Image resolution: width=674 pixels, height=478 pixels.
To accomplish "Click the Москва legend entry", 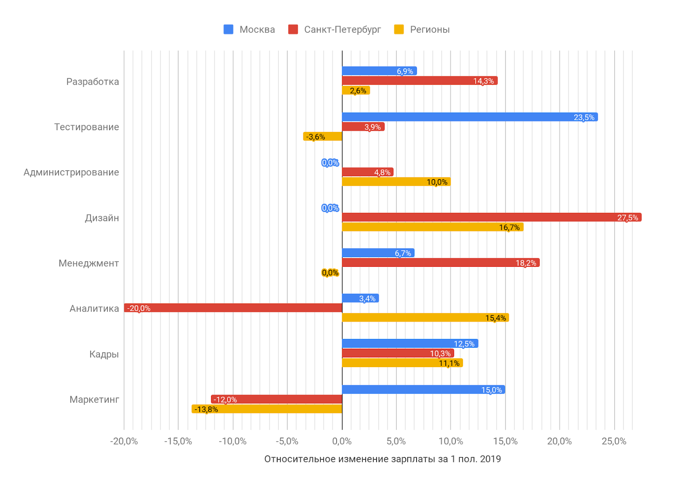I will [249, 30].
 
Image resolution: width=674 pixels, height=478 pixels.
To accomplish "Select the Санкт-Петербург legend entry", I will [334, 30].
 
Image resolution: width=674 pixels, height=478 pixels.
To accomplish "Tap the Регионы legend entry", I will [422, 30].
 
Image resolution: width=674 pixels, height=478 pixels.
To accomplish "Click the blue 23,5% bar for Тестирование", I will [470, 117].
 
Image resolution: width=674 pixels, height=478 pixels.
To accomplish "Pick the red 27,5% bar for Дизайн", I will [491, 218].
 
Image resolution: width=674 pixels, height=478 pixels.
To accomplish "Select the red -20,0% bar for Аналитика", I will [233, 308].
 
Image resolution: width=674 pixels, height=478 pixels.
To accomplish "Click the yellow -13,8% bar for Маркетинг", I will [267, 409].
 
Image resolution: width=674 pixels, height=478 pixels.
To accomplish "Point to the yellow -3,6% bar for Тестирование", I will [323, 137].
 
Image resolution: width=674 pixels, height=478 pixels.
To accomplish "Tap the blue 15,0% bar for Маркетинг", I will [423, 390].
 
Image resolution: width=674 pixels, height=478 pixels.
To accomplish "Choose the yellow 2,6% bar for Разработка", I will [356, 90].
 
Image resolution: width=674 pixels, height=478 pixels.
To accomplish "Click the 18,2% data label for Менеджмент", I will [526, 263].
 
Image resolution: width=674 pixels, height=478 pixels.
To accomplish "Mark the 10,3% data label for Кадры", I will [440, 354].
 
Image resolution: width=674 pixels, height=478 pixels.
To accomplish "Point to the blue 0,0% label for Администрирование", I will [330, 163].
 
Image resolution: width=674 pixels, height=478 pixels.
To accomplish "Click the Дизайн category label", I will [102, 218].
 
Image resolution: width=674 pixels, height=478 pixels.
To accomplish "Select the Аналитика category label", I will [94, 309].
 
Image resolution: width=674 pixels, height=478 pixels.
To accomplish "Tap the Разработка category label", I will [93, 82].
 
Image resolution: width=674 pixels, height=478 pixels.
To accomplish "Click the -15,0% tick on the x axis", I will [178, 441].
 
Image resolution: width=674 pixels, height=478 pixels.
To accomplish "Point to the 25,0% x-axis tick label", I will [614, 441].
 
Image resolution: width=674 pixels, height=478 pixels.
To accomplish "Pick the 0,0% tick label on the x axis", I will [342, 441].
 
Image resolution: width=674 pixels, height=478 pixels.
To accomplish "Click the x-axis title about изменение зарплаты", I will [382, 459].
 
